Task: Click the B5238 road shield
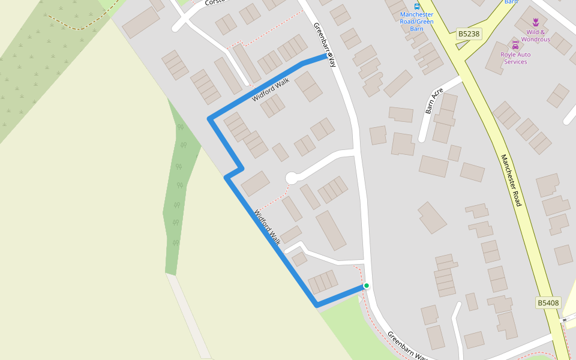469,34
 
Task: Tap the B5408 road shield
548,303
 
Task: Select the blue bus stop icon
417,5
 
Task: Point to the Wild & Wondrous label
535,36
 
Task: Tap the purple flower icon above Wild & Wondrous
535,22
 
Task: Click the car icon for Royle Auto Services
515,45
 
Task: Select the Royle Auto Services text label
515,58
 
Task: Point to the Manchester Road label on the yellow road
511,180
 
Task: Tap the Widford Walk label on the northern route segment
271,89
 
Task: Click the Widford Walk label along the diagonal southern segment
267,227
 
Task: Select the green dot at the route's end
366,286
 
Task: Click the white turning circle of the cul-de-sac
292,178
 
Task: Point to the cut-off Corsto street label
214,3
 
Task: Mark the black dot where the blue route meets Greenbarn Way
329,56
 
